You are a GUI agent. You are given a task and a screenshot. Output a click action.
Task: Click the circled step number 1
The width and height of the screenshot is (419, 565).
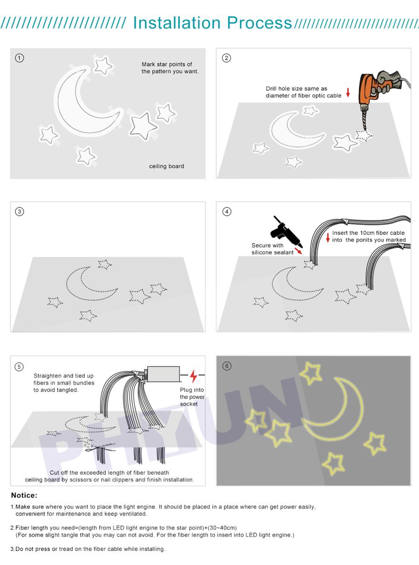click(19, 58)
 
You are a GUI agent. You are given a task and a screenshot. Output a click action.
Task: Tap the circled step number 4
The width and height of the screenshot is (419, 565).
click(227, 212)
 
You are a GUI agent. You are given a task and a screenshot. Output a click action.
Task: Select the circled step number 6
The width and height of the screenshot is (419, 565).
click(227, 366)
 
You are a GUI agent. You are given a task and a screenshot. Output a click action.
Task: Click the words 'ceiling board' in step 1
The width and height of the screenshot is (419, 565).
click(166, 166)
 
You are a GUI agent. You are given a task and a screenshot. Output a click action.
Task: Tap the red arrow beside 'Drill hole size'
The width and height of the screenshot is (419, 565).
click(348, 92)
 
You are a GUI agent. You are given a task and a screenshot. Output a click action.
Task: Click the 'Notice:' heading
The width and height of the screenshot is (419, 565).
click(24, 496)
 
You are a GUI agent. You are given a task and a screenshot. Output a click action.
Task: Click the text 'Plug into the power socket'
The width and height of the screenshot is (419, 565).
click(192, 397)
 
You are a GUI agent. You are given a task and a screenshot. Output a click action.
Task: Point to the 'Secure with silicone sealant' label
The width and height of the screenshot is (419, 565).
click(272, 249)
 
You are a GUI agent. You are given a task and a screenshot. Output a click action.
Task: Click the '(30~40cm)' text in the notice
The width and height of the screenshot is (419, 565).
click(222, 528)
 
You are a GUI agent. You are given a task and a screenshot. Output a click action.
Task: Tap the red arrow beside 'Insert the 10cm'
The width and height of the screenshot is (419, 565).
click(328, 237)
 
